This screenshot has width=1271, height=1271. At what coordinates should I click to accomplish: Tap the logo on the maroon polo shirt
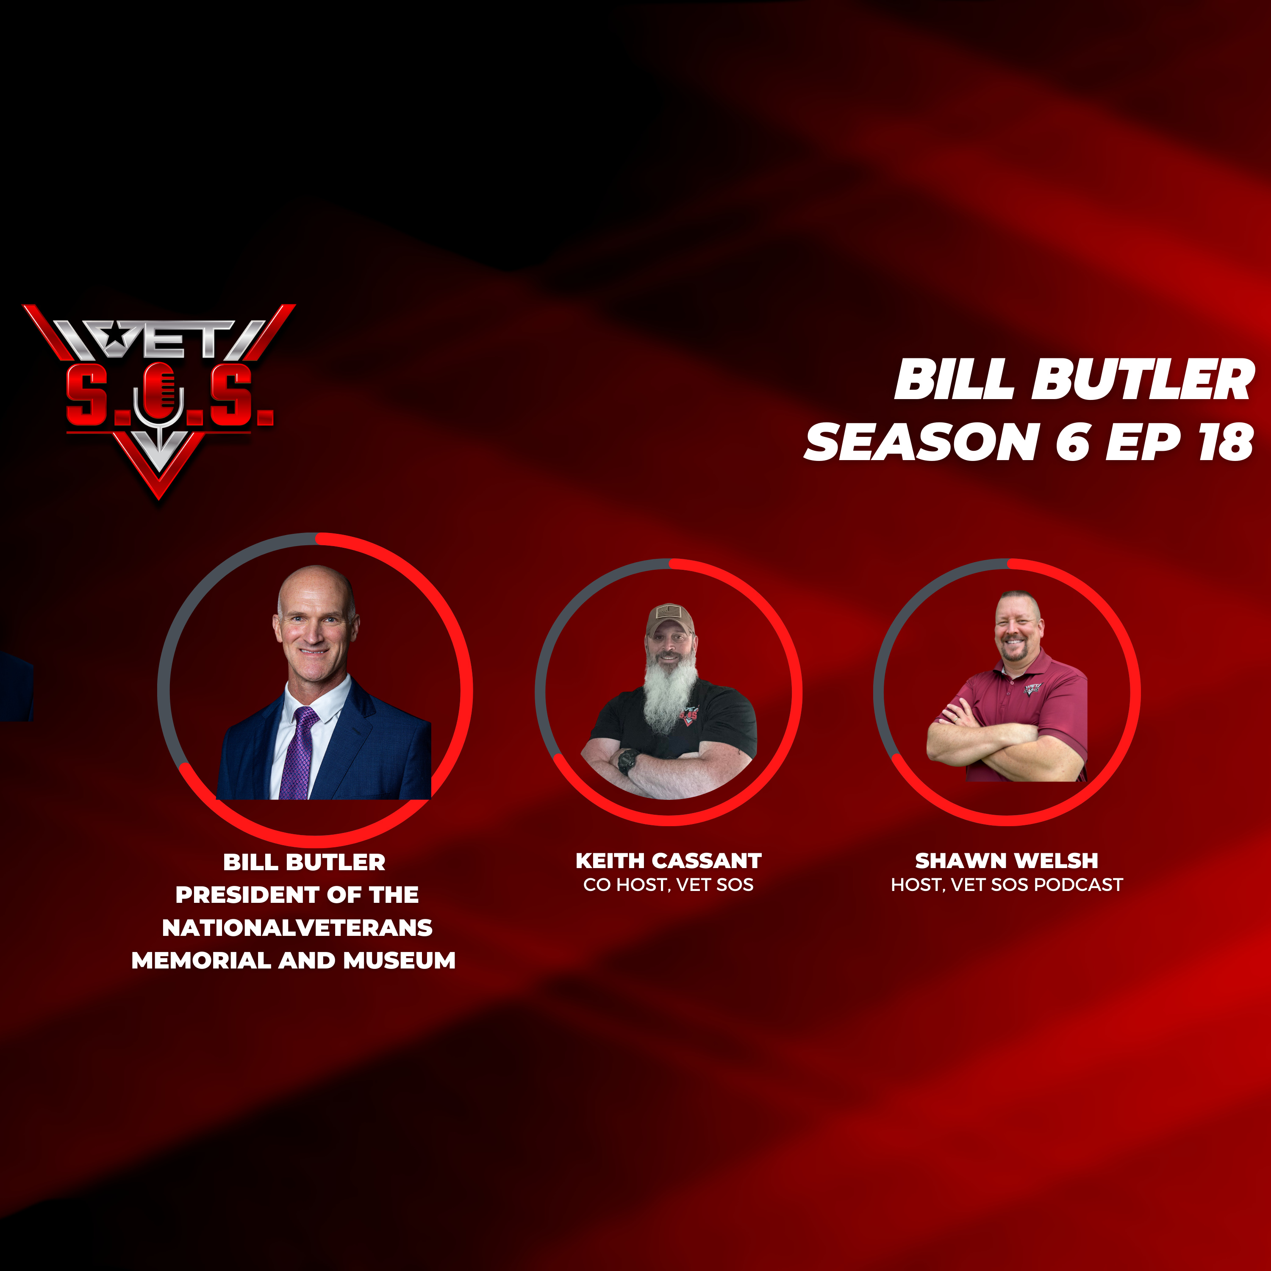pyautogui.click(x=1032, y=689)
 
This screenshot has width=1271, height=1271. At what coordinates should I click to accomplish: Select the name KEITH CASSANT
pyautogui.click(x=669, y=860)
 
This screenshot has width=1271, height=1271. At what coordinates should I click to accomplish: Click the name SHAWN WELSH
pyautogui.click(x=1007, y=860)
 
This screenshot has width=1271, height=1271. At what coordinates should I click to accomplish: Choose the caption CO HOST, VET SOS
pyautogui.click(x=669, y=885)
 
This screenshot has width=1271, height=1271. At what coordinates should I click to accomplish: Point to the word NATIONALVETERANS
pyautogui.click(x=297, y=927)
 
